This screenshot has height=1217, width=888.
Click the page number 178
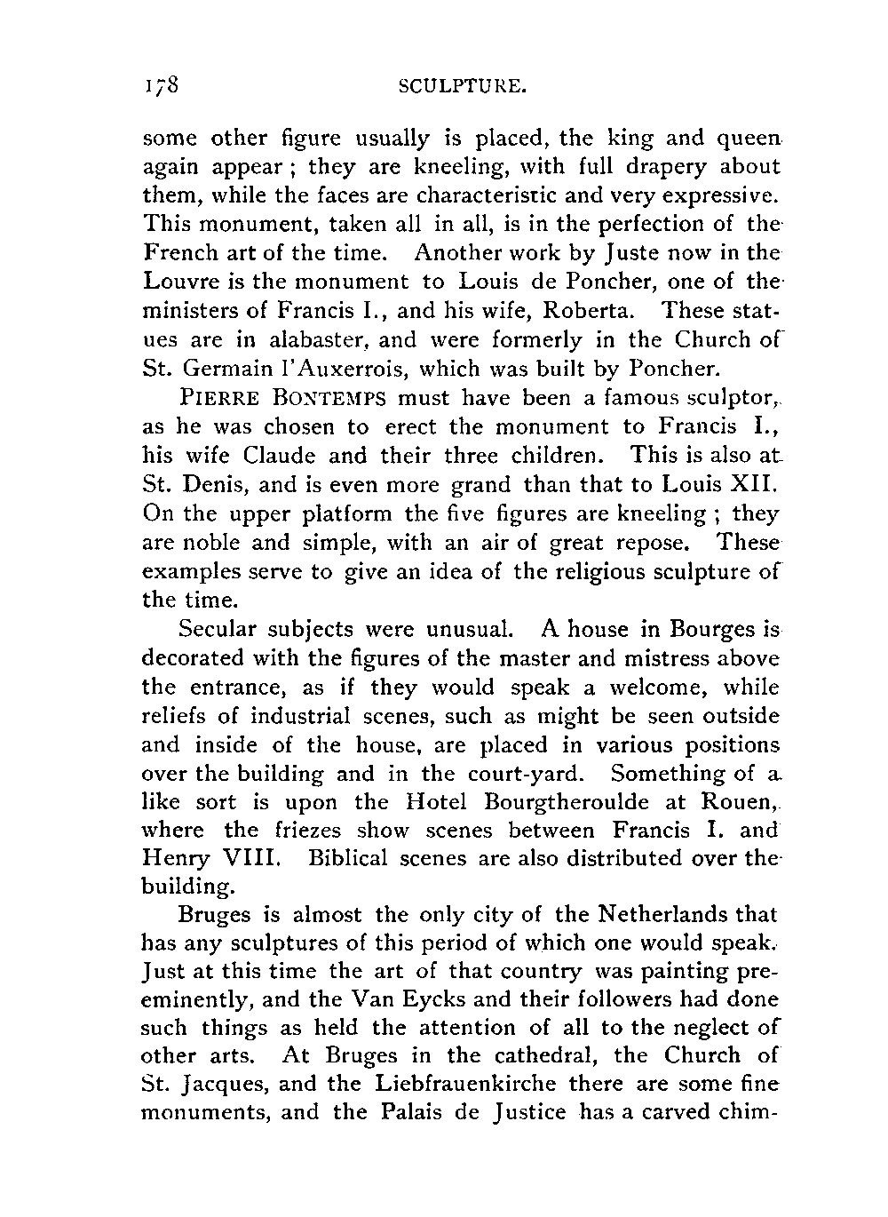(x=161, y=85)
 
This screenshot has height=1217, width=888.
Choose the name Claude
(x=280, y=455)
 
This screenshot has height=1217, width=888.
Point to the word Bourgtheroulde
(x=567, y=802)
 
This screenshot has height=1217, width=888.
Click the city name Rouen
(x=739, y=802)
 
